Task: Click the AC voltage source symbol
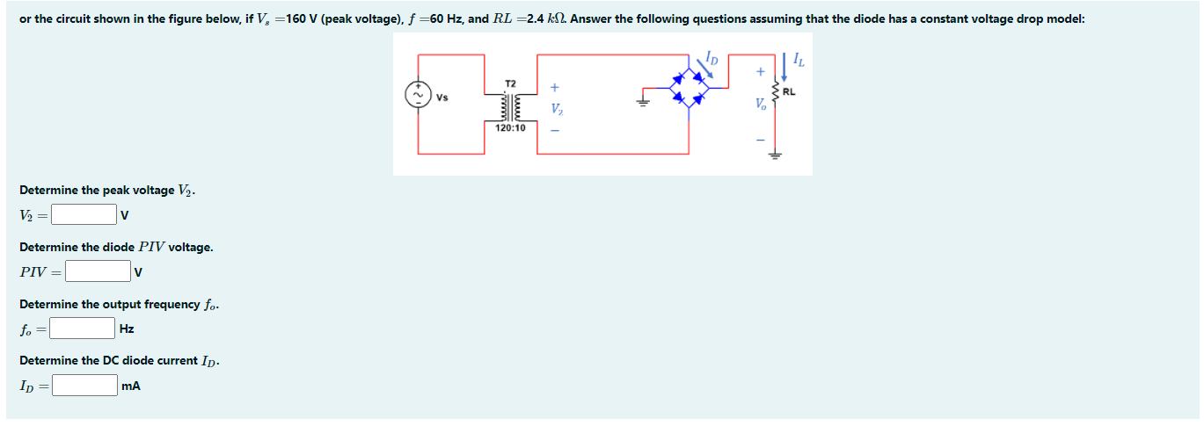(x=418, y=95)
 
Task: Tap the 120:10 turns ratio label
(x=510, y=128)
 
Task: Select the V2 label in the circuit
(x=556, y=110)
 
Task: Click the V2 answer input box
(x=84, y=214)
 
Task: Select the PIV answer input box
(x=97, y=271)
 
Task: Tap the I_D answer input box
(x=84, y=386)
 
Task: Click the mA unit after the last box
(x=132, y=386)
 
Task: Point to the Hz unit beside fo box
(x=127, y=329)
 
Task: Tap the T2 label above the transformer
(x=510, y=83)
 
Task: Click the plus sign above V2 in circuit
(x=555, y=88)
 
